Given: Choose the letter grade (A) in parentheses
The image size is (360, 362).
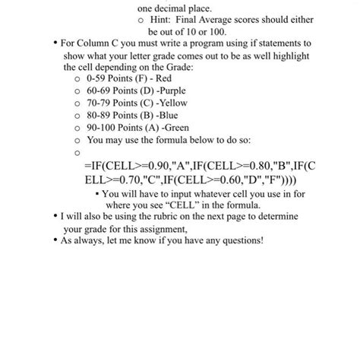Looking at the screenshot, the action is coord(155,129).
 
